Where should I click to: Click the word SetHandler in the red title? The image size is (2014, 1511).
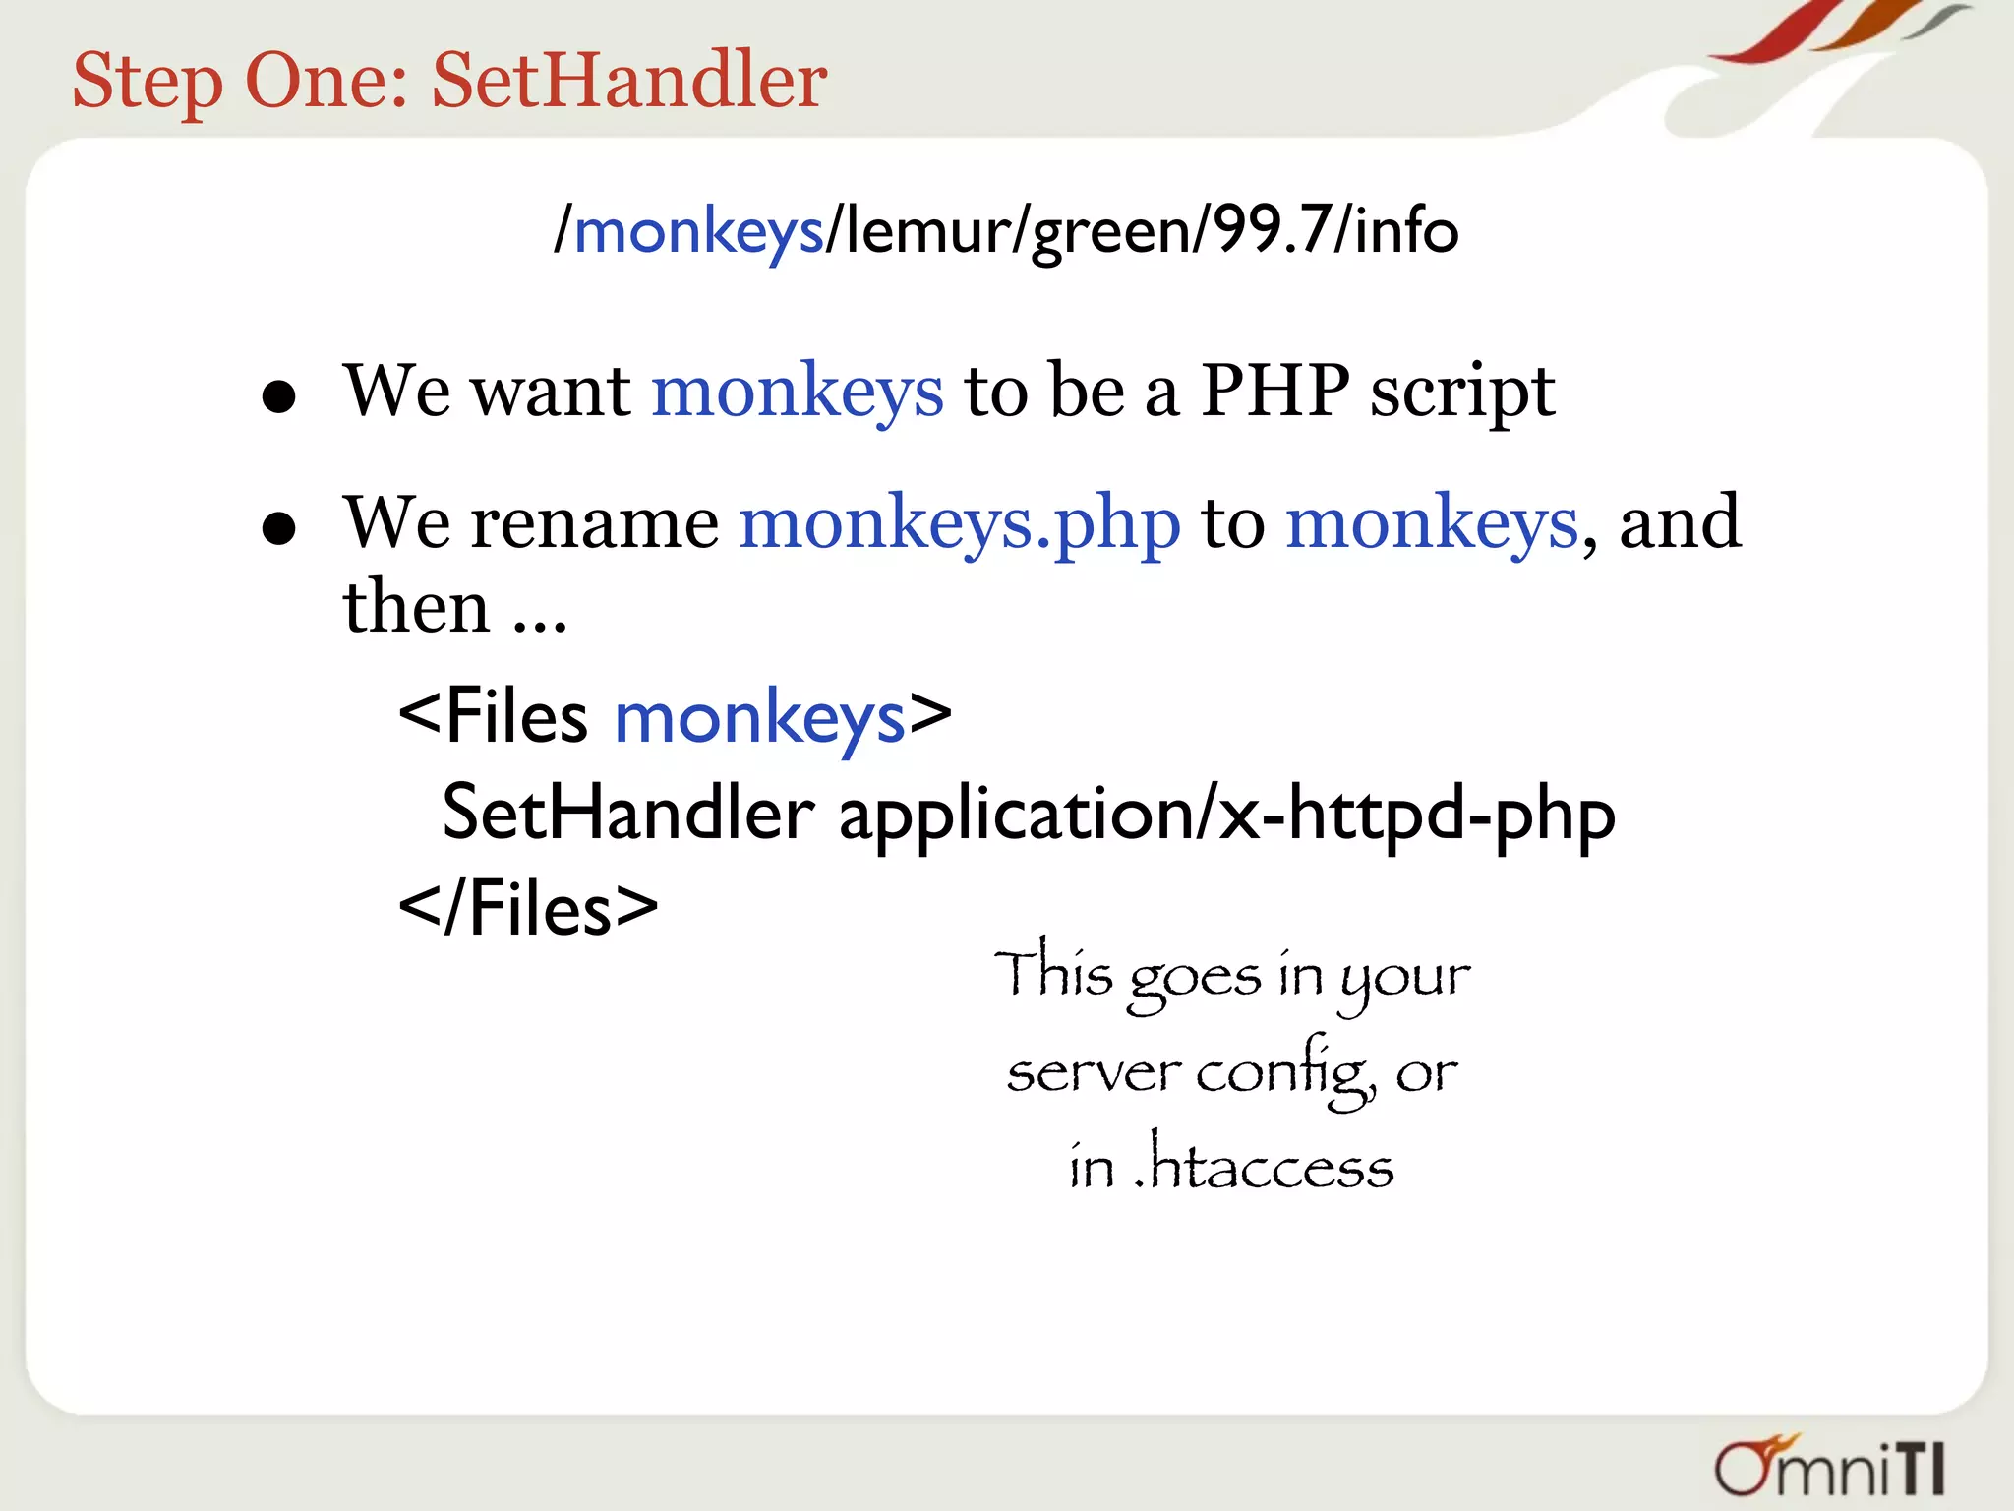629,81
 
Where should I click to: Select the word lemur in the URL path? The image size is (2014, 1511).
926,230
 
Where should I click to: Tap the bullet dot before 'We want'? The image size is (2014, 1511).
279,397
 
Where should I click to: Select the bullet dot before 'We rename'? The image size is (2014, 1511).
279,528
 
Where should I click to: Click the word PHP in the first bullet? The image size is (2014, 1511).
1275,392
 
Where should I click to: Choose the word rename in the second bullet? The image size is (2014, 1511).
594,523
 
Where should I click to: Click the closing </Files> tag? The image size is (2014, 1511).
528,909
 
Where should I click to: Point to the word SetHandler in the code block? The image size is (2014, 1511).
627,814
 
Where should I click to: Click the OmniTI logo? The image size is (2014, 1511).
1829,1468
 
